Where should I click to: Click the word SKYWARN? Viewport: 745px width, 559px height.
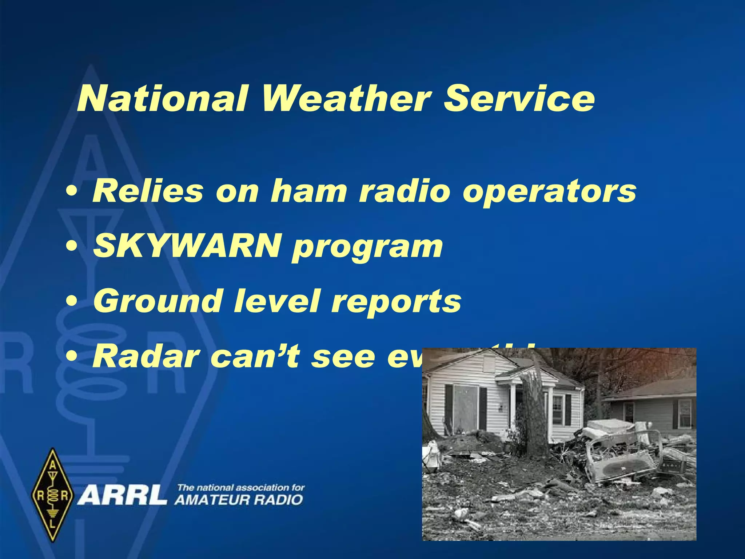click(x=187, y=246)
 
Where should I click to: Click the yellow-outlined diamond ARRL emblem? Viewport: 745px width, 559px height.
click(x=53, y=495)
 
